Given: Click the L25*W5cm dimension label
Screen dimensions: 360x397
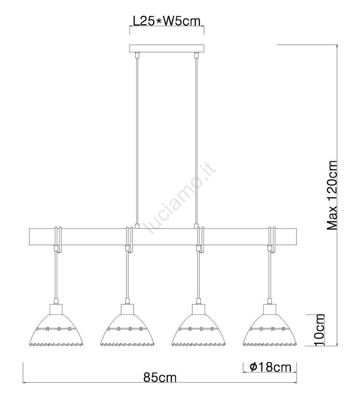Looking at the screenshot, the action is pos(167,21).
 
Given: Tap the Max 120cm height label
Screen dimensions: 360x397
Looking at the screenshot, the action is pos(332,195).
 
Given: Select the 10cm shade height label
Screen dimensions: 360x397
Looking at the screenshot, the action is pos(319,329).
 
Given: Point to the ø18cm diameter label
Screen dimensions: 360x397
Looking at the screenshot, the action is pos(270,367).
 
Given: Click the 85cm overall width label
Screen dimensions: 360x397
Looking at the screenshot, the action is pos(160,378).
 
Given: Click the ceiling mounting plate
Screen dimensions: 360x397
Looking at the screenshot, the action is pos(167,48).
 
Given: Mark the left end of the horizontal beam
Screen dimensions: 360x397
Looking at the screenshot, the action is pos(29,237).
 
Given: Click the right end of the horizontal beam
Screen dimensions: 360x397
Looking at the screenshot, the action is pos(296,237).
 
